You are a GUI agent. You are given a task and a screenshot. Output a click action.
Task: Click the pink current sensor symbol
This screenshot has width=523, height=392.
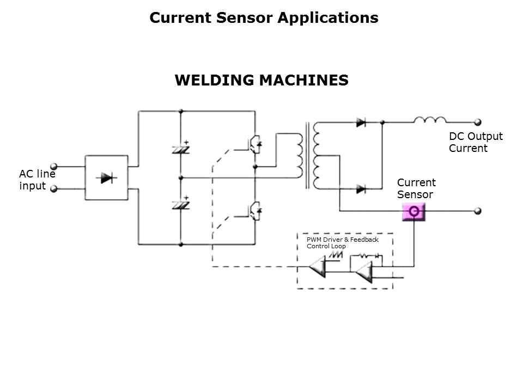pyautogui.click(x=413, y=211)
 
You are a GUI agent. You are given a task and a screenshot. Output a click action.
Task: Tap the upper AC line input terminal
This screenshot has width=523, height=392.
pyautogui.click(x=54, y=167)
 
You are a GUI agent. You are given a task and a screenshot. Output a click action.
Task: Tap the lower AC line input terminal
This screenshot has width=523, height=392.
pyautogui.click(x=54, y=188)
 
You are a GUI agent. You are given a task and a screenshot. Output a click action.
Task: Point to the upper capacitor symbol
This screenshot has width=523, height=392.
pyautogui.click(x=180, y=148)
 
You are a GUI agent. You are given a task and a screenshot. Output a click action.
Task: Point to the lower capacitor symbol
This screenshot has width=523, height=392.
pyautogui.click(x=180, y=204)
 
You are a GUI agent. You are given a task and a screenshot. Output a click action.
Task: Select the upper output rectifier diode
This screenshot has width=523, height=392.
pyautogui.click(x=361, y=122)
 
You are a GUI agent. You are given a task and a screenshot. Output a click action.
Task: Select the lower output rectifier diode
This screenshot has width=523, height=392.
pyautogui.click(x=361, y=189)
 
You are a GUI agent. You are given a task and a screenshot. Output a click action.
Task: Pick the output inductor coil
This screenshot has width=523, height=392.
pyautogui.click(x=430, y=120)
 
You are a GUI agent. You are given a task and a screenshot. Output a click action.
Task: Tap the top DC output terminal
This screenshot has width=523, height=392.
pyautogui.click(x=478, y=122)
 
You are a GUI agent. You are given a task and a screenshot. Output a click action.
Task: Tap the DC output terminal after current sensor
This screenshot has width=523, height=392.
pyautogui.click(x=478, y=211)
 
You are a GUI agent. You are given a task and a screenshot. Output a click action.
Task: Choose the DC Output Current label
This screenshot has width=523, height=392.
pyautogui.click(x=475, y=142)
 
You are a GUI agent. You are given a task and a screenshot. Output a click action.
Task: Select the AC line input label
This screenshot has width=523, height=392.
pyautogui.click(x=37, y=180)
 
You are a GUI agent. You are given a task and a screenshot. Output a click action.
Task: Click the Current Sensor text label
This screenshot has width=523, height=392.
pyautogui.click(x=416, y=188)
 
